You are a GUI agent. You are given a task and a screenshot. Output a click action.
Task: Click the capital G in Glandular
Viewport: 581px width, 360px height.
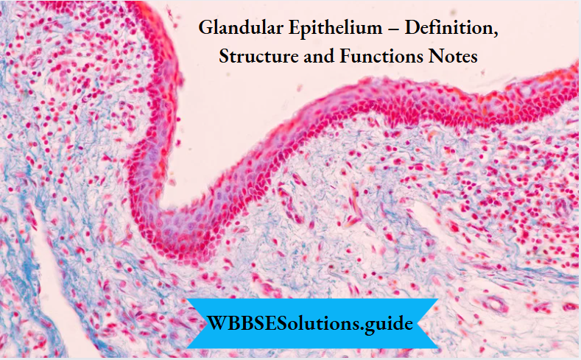pos(205,32)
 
